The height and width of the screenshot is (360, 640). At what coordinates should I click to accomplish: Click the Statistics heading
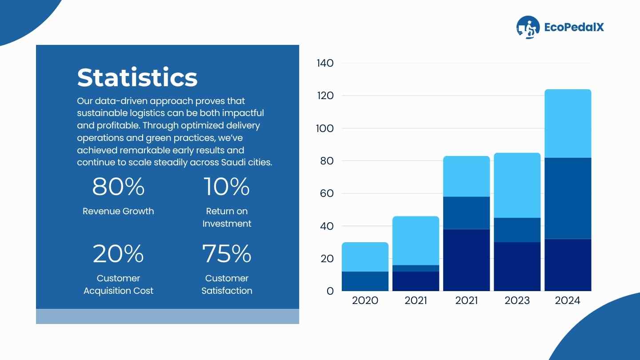pos(137,78)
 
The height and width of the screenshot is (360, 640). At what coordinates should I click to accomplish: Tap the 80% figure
pos(118,187)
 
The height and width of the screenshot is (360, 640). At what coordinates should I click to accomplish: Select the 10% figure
pos(227,187)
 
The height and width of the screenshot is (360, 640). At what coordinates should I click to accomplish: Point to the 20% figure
pos(118,254)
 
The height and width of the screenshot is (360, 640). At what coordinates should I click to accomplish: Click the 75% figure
pos(227,254)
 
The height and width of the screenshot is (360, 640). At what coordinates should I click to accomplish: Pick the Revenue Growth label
pos(118,211)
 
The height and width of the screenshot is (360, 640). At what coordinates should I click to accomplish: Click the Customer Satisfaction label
pos(227,284)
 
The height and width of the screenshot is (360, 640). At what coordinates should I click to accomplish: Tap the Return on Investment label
pos(227,217)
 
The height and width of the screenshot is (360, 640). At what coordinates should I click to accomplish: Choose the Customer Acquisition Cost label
pos(118,284)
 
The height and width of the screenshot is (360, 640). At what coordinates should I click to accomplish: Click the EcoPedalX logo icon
pos(528,28)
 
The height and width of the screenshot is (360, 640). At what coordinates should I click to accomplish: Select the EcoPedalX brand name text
pos(574,27)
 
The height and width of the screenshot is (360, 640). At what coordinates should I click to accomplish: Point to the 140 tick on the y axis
pos(325,63)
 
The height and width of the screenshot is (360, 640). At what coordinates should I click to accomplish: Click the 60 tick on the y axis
pos(327,193)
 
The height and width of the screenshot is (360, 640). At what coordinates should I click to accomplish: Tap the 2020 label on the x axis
pos(365,300)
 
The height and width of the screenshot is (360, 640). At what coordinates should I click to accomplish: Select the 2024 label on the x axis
pos(568,300)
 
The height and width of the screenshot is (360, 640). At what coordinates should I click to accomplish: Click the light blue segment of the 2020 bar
pos(365,257)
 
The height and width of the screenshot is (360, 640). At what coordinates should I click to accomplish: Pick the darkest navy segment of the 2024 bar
pos(568,265)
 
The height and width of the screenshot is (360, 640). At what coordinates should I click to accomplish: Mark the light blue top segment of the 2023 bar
pos(517,185)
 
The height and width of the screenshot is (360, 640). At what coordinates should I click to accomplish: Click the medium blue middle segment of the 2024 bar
pos(568,198)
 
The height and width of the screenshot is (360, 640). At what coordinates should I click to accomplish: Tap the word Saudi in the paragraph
pos(234,162)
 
